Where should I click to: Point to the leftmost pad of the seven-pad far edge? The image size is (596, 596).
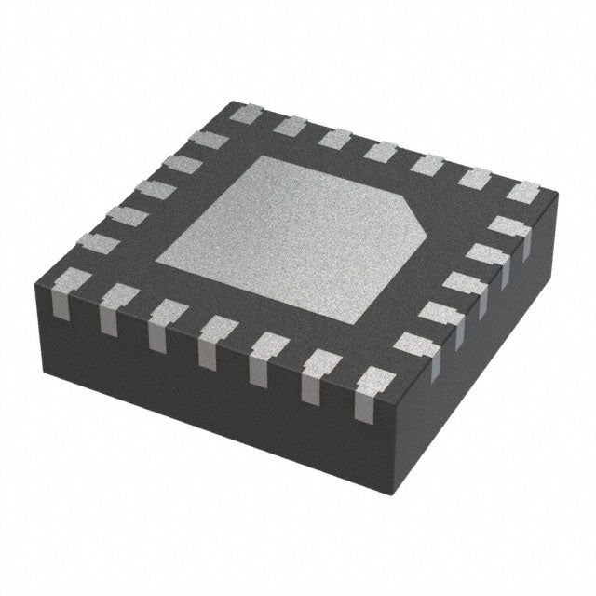245,115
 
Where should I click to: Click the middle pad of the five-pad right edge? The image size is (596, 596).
461,283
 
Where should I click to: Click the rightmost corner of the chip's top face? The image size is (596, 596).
557,195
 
